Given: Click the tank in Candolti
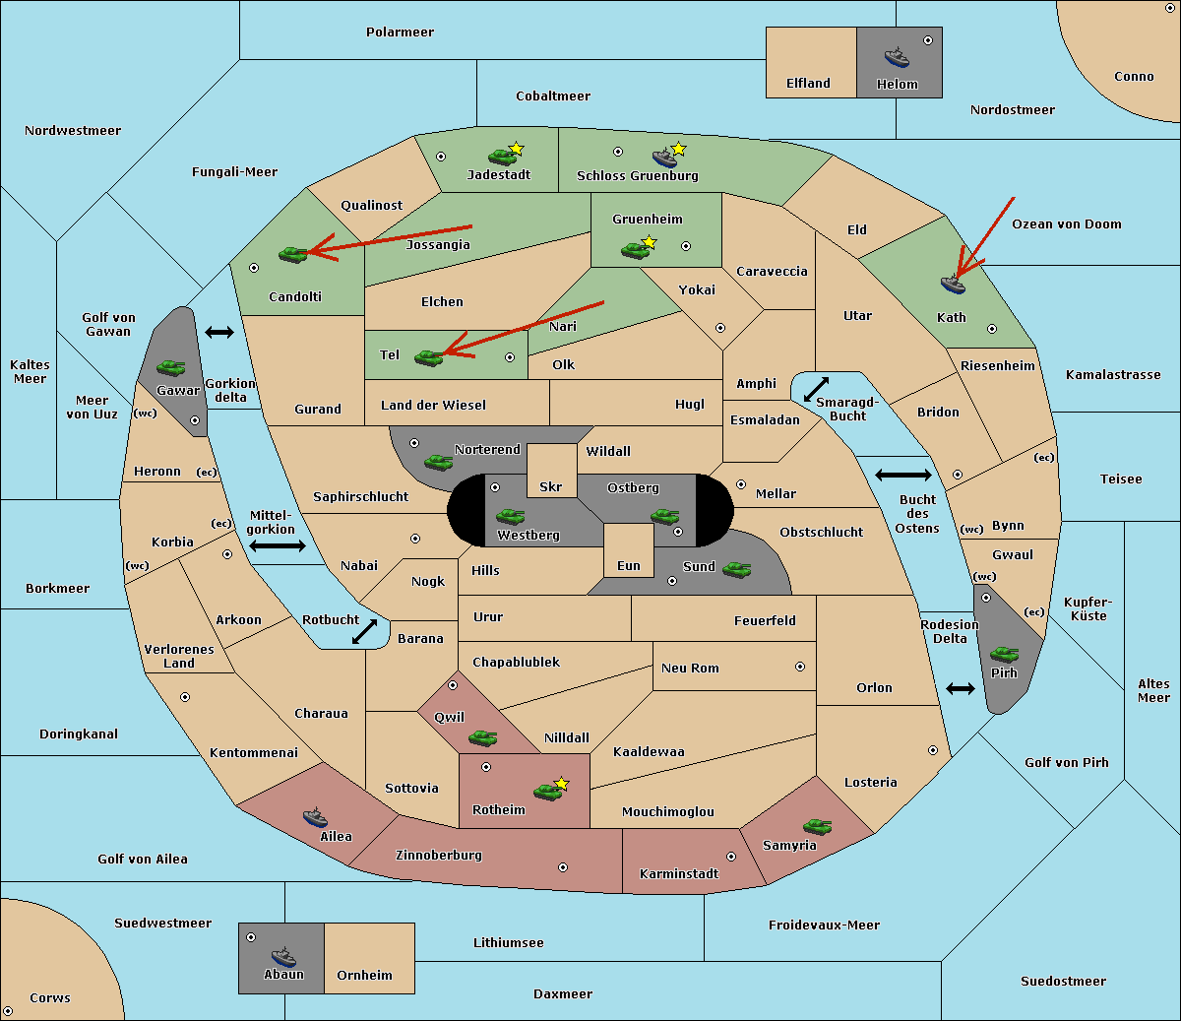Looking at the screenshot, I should coord(292,254).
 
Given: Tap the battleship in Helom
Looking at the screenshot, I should coord(896,57).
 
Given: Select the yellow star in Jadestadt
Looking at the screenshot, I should coord(517,149).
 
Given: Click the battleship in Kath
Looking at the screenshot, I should coord(953,285).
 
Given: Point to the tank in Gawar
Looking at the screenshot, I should coord(170,368).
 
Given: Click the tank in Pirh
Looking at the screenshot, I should coord(1004,655).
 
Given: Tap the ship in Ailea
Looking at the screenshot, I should coord(315,817).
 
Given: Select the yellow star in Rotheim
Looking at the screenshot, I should coord(562,784).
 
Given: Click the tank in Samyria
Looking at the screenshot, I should coord(817,827).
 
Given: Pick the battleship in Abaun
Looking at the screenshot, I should coord(283,956).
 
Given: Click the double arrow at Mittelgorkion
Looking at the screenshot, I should coord(278,545).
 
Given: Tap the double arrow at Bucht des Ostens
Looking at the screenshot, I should coord(902,476).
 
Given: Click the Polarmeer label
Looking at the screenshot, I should coord(400,32).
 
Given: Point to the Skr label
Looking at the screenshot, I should coord(551,486).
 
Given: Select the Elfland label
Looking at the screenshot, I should coord(808,84).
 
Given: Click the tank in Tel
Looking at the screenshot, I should coord(428,357).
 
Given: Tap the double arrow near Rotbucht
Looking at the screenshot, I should coord(364,631).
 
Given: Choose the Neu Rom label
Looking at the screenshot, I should coord(690,668).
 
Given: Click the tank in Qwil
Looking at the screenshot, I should coord(482,737).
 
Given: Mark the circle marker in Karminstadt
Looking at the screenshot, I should coord(731,857).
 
